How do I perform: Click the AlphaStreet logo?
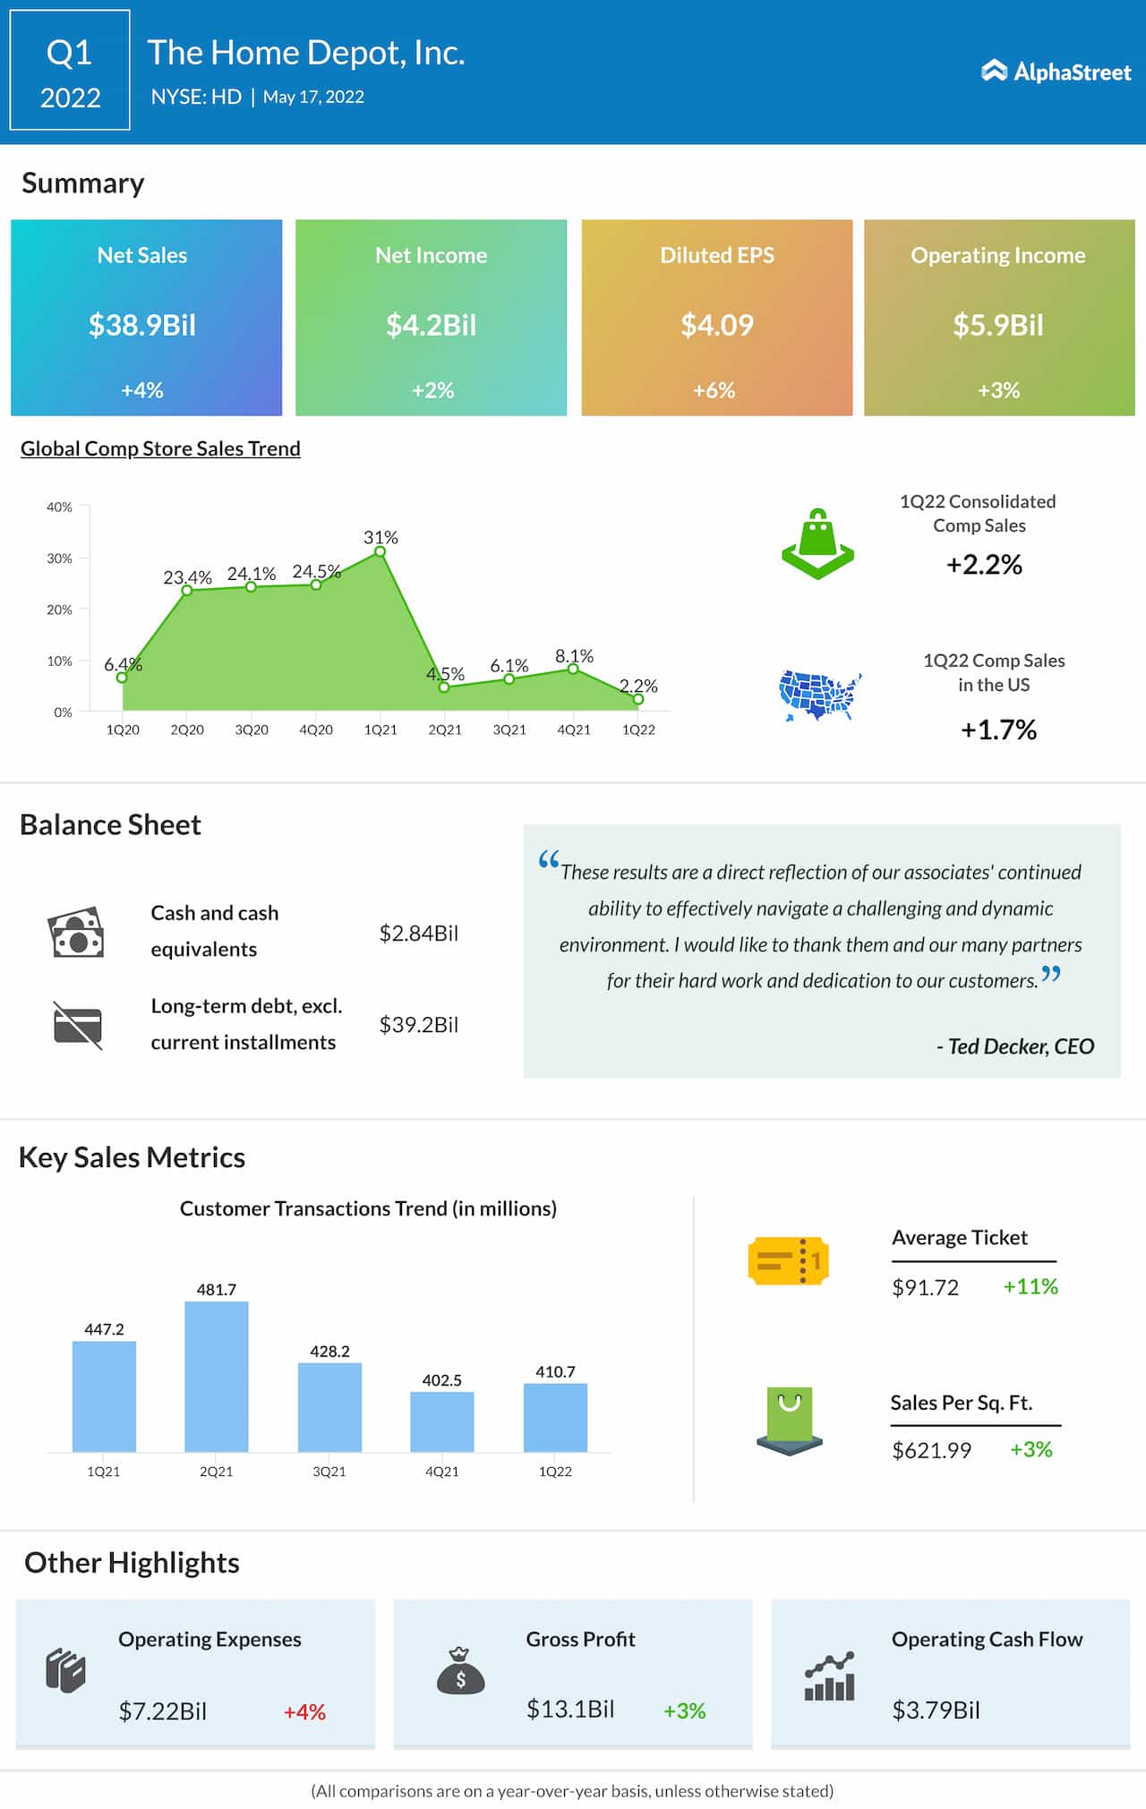1056,72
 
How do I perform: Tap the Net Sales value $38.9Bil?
142,325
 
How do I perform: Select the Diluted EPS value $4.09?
716,325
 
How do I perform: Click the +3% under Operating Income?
998,390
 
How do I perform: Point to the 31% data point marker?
381,551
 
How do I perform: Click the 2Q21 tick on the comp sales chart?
445,730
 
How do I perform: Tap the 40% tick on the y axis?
60,507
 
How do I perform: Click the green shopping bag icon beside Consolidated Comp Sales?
817,544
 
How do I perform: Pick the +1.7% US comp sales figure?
998,730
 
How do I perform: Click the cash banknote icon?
76,933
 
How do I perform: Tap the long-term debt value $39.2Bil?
418,1024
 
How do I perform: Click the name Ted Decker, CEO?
1015,1046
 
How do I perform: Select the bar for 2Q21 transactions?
216,1376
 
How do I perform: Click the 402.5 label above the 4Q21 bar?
442,1380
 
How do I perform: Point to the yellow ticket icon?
788,1261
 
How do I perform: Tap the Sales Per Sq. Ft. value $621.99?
931,1450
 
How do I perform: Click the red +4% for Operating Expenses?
304,1711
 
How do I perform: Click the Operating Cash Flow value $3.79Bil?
936,1710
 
